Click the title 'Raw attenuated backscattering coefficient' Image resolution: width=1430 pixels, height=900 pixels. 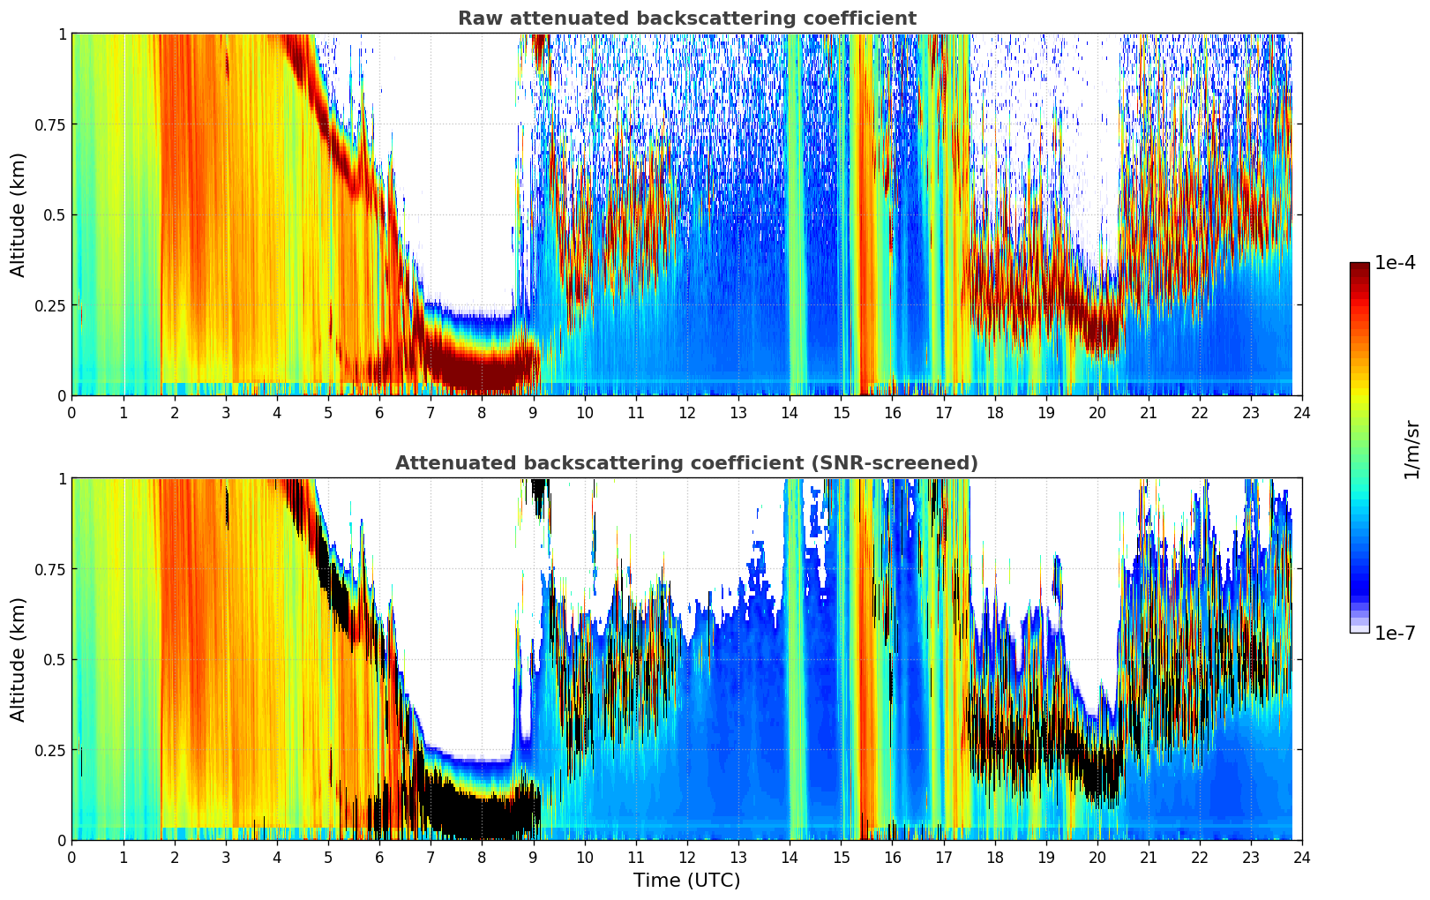click(686, 19)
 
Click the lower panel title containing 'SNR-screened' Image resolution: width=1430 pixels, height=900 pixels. click(686, 463)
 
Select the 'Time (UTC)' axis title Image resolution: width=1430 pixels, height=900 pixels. click(686, 881)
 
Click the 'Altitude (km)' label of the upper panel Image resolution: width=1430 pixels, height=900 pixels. click(19, 214)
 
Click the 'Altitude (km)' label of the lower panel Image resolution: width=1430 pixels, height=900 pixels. click(19, 659)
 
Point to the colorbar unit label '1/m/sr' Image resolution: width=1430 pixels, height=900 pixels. click(1411, 449)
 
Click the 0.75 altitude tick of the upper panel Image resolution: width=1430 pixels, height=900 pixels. click(49, 124)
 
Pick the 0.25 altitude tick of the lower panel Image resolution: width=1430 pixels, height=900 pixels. click(49, 750)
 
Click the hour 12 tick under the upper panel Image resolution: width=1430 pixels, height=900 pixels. click(686, 412)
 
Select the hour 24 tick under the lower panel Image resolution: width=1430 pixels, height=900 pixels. click(1302, 857)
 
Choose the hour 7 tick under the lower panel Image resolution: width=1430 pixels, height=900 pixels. click(430, 857)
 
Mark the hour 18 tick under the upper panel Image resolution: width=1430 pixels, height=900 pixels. click(994, 412)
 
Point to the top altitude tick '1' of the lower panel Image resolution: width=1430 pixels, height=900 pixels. click(62, 479)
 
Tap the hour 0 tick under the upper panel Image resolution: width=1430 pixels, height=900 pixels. click(71, 412)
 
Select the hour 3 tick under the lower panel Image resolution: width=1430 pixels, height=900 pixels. click(225, 857)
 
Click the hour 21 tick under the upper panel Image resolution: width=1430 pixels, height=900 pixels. click(1148, 412)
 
